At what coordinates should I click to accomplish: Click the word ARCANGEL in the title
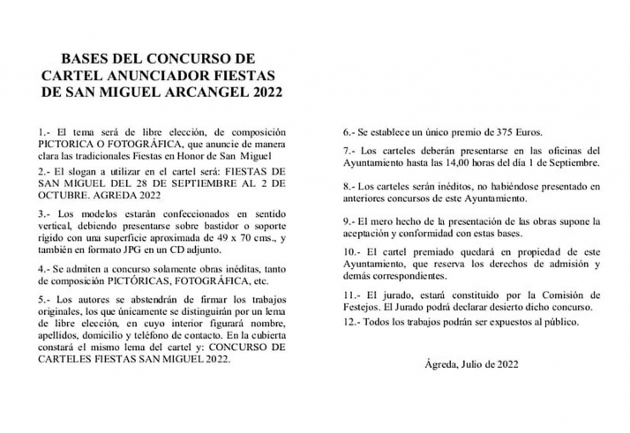click(x=198, y=92)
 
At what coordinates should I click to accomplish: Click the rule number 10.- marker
click(x=352, y=253)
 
